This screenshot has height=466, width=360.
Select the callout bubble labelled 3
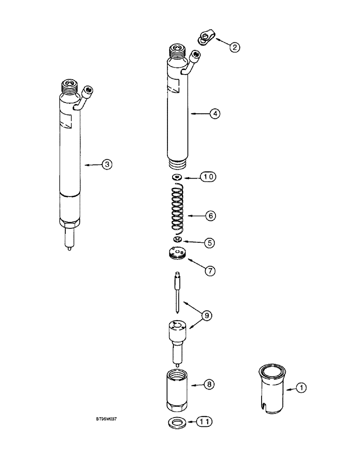[107, 164]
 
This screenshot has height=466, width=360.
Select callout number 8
[210, 384]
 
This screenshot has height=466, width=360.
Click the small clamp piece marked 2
[204, 37]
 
